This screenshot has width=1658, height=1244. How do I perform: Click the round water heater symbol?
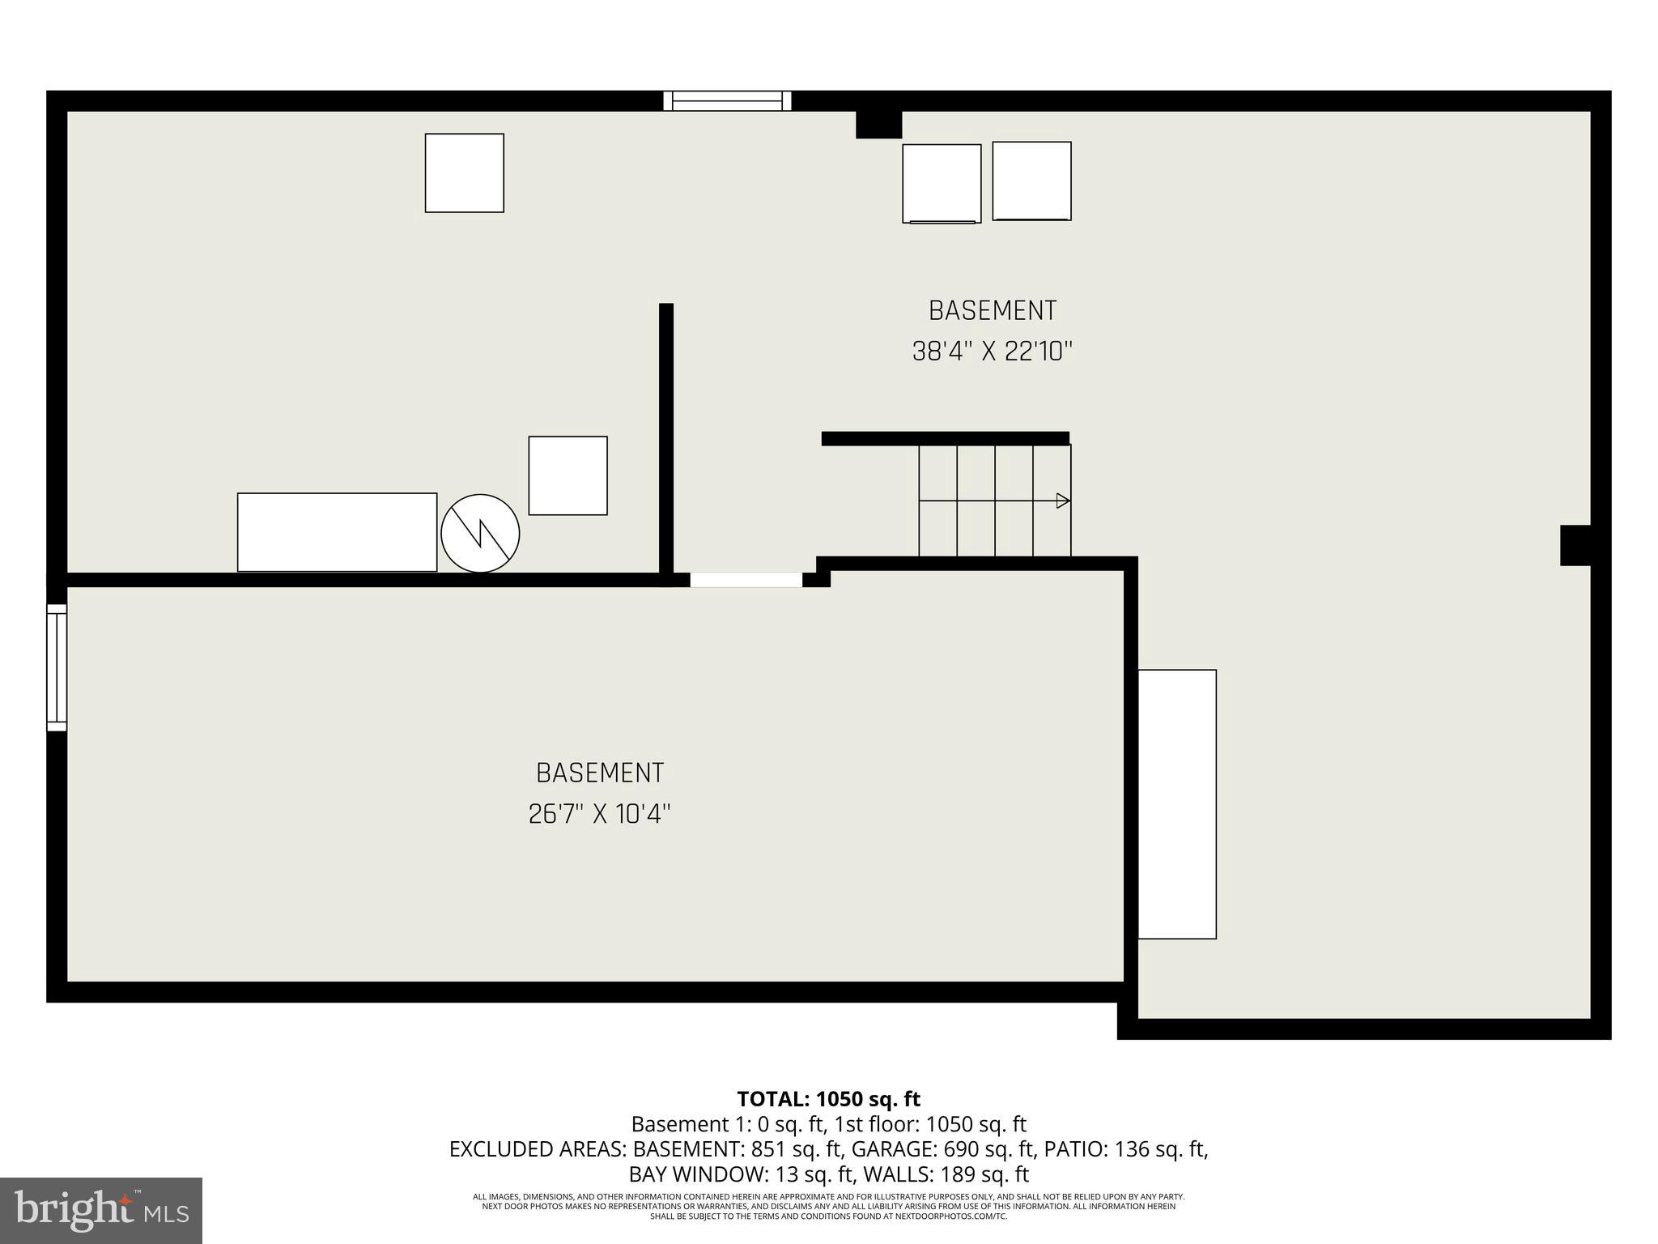480,533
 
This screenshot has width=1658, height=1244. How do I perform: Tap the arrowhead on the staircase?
1063,501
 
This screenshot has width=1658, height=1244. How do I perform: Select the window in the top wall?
727,100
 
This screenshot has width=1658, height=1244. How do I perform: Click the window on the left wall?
56,667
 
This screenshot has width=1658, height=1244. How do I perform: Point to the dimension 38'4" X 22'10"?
992,351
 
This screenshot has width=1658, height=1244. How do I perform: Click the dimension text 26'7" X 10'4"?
599,813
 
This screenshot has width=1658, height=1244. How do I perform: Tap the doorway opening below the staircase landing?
746,580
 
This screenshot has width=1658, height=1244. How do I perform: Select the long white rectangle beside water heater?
337,532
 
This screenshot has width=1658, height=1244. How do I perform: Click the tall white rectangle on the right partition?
1176,803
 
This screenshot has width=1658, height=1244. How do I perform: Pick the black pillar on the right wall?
1575,545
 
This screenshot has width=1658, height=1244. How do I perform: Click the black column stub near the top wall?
878,125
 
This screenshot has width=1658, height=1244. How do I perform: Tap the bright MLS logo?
101,1210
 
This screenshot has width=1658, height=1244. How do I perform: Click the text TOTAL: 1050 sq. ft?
828,1099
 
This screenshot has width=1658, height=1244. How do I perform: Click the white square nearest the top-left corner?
464,173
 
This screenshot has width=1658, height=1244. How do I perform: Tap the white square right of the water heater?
568,475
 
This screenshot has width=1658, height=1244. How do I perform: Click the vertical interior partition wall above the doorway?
666,437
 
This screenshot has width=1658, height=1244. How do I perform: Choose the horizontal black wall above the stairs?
945,438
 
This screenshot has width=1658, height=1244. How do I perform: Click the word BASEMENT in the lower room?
600,773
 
